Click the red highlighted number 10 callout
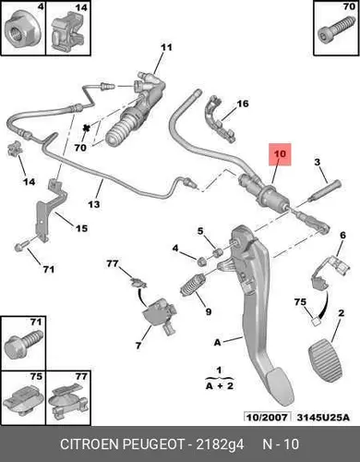pos(280,154)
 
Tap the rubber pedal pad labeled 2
pos(329,359)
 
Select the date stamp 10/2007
pos(267,418)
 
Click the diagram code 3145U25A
pos(323,418)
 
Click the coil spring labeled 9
pos(193,285)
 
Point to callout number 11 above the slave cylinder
pos(166,47)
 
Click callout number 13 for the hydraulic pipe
pos(94,204)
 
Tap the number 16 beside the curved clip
pos(243,103)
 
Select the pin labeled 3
pos(326,191)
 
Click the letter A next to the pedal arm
pos(217,342)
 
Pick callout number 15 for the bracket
pos(81,228)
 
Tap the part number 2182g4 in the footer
pos(220,444)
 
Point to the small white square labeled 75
pos(315,322)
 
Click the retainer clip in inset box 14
pos(68,32)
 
